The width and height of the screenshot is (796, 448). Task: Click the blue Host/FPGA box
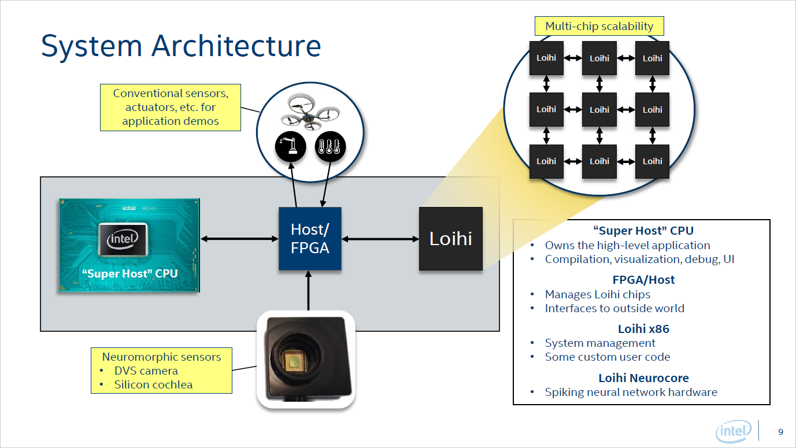(310, 239)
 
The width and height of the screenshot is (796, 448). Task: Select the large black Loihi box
(450, 239)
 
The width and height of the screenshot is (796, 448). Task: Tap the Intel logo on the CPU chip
(123, 239)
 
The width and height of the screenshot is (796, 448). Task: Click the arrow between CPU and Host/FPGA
(239, 239)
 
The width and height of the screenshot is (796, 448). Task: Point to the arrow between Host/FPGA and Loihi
(380, 239)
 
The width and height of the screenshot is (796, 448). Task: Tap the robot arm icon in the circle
(290, 147)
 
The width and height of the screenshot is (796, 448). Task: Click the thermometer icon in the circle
(330, 147)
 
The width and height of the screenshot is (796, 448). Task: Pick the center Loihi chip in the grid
(599, 110)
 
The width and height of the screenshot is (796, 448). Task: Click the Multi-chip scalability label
(599, 26)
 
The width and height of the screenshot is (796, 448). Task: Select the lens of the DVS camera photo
(295, 362)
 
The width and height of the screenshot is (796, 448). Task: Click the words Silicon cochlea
(153, 384)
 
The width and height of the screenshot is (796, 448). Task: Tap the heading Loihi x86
(643, 329)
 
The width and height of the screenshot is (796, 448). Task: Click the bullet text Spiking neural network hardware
(631, 392)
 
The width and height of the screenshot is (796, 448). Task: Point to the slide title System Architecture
(181, 46)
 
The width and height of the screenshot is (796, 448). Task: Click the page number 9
(781, 432)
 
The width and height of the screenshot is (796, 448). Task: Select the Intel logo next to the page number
(734, 431)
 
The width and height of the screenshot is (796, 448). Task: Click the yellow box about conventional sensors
(170, 107)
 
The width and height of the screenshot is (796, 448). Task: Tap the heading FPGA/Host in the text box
(643, 280)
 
